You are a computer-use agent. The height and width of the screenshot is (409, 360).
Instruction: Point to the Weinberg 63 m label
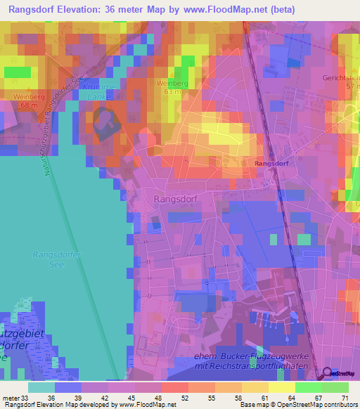pos(172,86)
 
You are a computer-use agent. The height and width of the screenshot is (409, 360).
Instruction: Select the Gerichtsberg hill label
pos(341,79)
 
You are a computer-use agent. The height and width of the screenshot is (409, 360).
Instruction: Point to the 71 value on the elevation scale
pos(345,397)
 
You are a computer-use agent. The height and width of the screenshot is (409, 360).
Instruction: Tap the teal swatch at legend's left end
pos(41,387)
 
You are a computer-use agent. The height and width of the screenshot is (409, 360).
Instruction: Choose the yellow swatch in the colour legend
pos(281,387)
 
